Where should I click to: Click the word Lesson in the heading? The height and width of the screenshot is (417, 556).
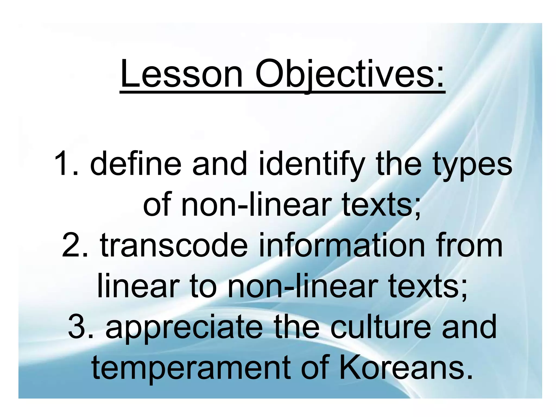click(181, 74)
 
